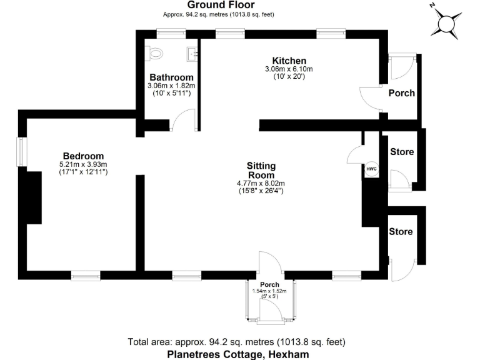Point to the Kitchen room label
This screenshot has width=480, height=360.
tap(289, 61)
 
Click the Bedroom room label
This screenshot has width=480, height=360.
tap(83, 156)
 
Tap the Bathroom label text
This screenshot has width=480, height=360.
tap(171, 77)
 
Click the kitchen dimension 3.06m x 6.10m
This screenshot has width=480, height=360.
tap(289, 69)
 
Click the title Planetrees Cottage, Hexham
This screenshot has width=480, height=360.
tap(238, 354)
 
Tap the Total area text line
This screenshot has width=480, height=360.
tap(236, 342)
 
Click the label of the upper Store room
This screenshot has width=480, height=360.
tap(401, 152)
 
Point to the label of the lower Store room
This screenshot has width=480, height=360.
tap(401, 231)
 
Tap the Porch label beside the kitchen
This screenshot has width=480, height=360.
tap(401, 93)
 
